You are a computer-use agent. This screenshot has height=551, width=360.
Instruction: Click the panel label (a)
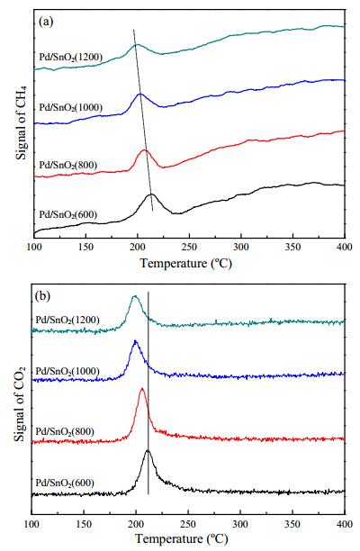click(x=46, y=22)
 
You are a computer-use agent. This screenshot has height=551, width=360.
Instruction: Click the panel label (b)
click(x=43, y=296)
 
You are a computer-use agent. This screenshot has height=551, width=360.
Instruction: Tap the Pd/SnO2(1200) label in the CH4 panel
click(x=70, y=57)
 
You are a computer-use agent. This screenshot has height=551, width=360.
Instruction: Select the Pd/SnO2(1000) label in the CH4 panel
click(x=70, y=107)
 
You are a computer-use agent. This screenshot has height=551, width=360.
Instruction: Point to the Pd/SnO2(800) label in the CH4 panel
click(x=67, y=165)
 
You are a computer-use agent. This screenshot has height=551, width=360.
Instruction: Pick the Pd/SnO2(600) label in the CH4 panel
click(x=67, y=214)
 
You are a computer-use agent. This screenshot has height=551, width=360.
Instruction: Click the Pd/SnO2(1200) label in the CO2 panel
click(x=67, y=321)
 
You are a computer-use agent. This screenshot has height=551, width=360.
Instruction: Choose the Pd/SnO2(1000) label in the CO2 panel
click(x=67, y=371)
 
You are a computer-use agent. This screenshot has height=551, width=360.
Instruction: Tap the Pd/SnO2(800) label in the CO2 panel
click(x=65, y=431)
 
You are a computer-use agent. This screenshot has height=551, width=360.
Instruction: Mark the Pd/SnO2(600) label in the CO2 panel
click(x=65, y=483)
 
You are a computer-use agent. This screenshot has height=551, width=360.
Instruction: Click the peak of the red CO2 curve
click(x=142, y=389)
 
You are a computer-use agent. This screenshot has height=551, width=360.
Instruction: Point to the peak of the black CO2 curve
click(x=148, y=450)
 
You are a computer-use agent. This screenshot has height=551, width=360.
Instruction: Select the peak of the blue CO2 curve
click(x=136, y=341)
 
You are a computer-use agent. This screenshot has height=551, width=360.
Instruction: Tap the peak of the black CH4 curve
click(x=151, y=194)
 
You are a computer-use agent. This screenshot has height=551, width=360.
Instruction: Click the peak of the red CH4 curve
click(x=144, y=150)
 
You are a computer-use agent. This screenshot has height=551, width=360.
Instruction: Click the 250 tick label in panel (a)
click(x=189, y=248)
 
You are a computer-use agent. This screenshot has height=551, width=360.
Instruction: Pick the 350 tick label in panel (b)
click(x=292, y=525)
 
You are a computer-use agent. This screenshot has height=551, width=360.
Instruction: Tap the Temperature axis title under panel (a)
click(x=185, y=263)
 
